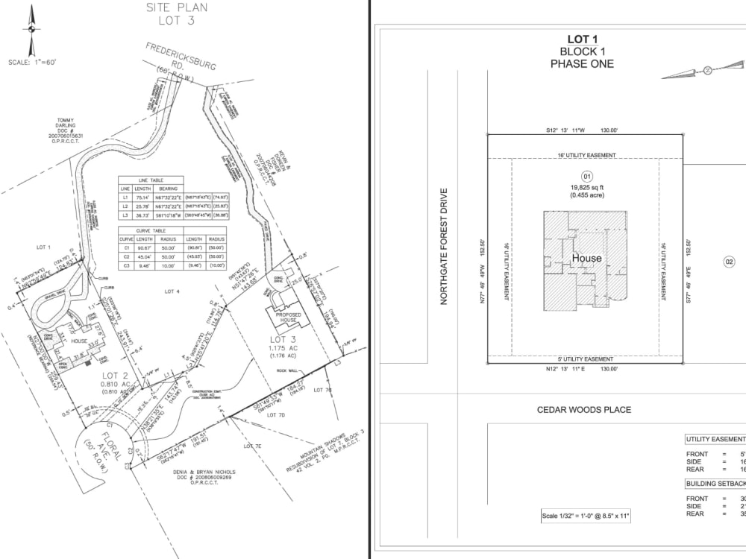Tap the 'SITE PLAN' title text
176,7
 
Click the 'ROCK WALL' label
287,370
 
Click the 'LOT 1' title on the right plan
582,40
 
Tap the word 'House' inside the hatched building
586,259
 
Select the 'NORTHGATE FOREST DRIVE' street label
443,247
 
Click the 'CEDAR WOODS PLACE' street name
584,410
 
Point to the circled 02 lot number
730,262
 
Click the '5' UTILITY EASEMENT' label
585,359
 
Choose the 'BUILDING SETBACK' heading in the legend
715,483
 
